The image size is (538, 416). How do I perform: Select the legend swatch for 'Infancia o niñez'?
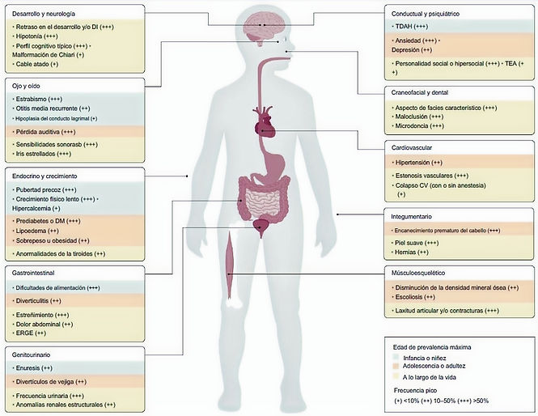coord(395,358)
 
